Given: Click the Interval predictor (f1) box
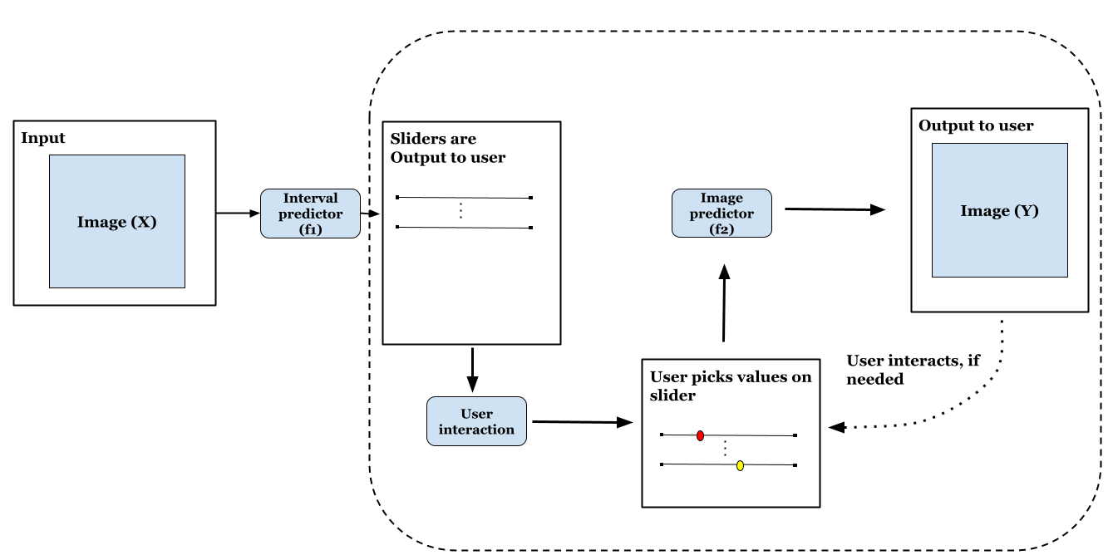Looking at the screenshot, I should pyautogui.click(x=310, y=214).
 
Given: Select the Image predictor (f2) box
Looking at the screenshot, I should pyautogui.click(x=721, y=214).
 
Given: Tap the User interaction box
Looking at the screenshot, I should pyautogui.click(x=476, y=421).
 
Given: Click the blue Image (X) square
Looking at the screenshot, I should pyautogui.click(x=117, y=221).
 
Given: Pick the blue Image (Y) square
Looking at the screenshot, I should pyautogui.click(x=999, y=210).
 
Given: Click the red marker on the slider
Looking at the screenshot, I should pyautogui.click(x=700, y=435).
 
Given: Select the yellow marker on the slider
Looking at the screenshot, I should pyautogui.click(x=740, y=465).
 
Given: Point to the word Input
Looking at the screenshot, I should pyautogui.click(x=42, y=137).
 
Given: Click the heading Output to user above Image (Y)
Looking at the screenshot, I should pyautogui.click(x=976, y=125).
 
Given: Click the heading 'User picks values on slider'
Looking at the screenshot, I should pyautogui.click(x=730, y=386).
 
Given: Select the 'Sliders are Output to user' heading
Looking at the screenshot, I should pyautogui.click(x=447, y=148).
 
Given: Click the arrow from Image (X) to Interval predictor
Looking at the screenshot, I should pyautogui.click(x=238, y=214).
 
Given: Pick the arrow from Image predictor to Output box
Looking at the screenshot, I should pyautogui.click(x=834, y=210).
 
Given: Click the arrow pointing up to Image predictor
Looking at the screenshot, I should pyautogui.click(x=725, y=303).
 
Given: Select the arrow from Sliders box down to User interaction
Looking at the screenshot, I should pyautogui.click(x=472, y=370).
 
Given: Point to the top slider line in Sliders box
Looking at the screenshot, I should pyautogui.click(x=464, y=198).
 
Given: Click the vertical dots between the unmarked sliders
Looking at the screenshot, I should pyautogui.click(x=460, y=212).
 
